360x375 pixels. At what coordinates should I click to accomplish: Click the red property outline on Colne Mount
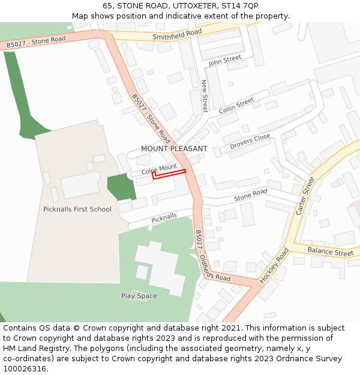click(169, 175)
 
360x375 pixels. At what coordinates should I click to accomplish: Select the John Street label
click(224, 61)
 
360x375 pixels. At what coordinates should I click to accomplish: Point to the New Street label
click(205, 96)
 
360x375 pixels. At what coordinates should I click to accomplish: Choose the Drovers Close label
click(250, 142)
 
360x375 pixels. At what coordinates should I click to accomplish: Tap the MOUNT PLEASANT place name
click(174, 148)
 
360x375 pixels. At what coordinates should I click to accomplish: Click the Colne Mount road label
click(159, 169)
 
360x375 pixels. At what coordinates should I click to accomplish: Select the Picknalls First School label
click(77, 209)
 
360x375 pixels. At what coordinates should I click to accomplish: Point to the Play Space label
click(139, 296)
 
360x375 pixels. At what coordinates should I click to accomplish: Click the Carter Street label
click(305, 196)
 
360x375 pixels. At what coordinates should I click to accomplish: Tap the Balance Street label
click(330, 251)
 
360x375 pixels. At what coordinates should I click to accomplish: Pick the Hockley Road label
click(274, 266)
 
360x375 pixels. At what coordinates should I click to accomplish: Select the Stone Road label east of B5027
click(250, 195)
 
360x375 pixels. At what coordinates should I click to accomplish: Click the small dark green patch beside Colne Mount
click(121, 187)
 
